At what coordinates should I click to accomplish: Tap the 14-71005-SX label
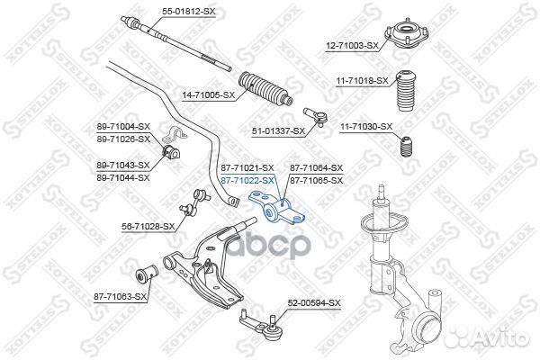click(x=208, y=94)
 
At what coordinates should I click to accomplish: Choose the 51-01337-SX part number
click(x=278, y=131)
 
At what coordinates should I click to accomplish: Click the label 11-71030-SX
click(x=366, y=126)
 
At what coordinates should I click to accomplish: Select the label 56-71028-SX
click(x=148, y=227)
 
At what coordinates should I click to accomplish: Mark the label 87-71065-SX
click(x=316, y=181)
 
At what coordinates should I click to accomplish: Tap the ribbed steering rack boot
click(x=265, y=87)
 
